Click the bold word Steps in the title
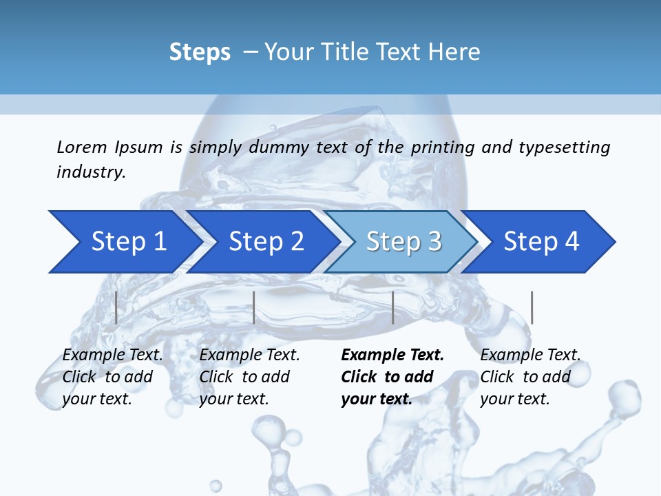tap(200, 52)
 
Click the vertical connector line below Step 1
tap(116, 307)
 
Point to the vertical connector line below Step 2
tap(254, 307)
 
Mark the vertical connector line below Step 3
tap(392, 307)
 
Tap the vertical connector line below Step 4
tap(532, 307)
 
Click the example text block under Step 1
tap(112, 377)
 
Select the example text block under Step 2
tap(249, 377)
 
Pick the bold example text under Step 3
tap(392, 377)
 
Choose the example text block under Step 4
tap(530, 377)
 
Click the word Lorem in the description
tap(82, 147)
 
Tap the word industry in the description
tap(91, 172)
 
